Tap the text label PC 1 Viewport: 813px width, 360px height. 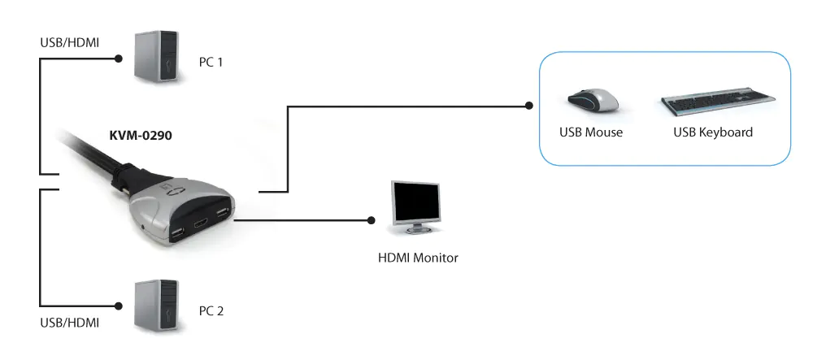click(211, 62)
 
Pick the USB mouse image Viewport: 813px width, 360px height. click(593, 102)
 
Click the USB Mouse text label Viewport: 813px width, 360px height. click(591, 132)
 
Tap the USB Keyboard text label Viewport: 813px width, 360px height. click(713, 132)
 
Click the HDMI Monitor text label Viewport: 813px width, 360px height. click(419, 258)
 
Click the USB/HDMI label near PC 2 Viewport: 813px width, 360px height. click(69, 323)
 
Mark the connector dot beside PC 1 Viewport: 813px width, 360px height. click(120, 59)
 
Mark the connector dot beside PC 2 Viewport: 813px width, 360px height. click(120, 306)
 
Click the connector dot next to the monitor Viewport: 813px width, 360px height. click(372, 219)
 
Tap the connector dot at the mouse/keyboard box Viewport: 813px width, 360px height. click(529, 105)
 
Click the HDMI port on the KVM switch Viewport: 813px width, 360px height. click(201, 221)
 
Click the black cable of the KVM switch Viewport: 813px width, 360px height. click(89, 155)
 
